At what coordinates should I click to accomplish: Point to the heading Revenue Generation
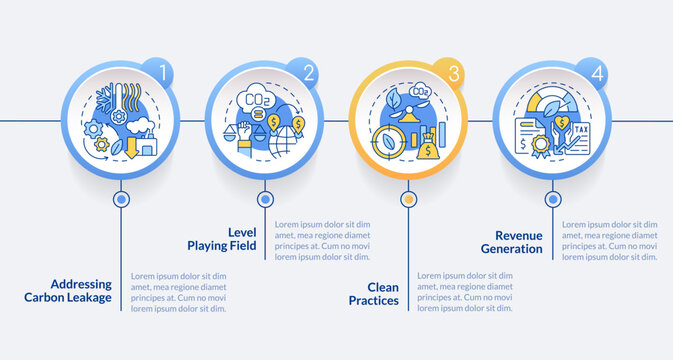511,241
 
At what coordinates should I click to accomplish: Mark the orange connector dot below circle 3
408,199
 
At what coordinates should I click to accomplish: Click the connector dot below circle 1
121,199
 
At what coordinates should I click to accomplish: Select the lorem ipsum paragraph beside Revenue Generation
610,241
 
